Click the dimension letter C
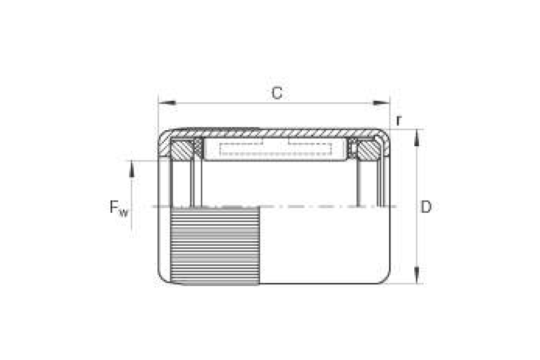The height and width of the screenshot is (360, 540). pyautogui.click(x=277, y=93)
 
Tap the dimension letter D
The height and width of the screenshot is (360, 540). pyautogui.click(x=426, y=207)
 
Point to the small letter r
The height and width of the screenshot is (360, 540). pyautogui.click(x=399, y=121)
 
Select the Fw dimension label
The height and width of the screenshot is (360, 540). pyautogui.click(x=119, y=208)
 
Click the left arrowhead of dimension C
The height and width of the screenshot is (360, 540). pyautogui.click(x=167, y=103)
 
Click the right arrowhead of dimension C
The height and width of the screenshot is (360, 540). pyautogui.click(x=381, y=103)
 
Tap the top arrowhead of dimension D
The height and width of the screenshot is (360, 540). pyautogui.click(x=417, y=138)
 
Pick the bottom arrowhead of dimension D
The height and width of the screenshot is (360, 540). pyautogui.click(x=417, y=275)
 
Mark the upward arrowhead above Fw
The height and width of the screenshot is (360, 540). pyautogui.click(x=131, y=169)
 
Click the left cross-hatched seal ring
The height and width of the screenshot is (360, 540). pyautogui.click(x=182, y=150)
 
